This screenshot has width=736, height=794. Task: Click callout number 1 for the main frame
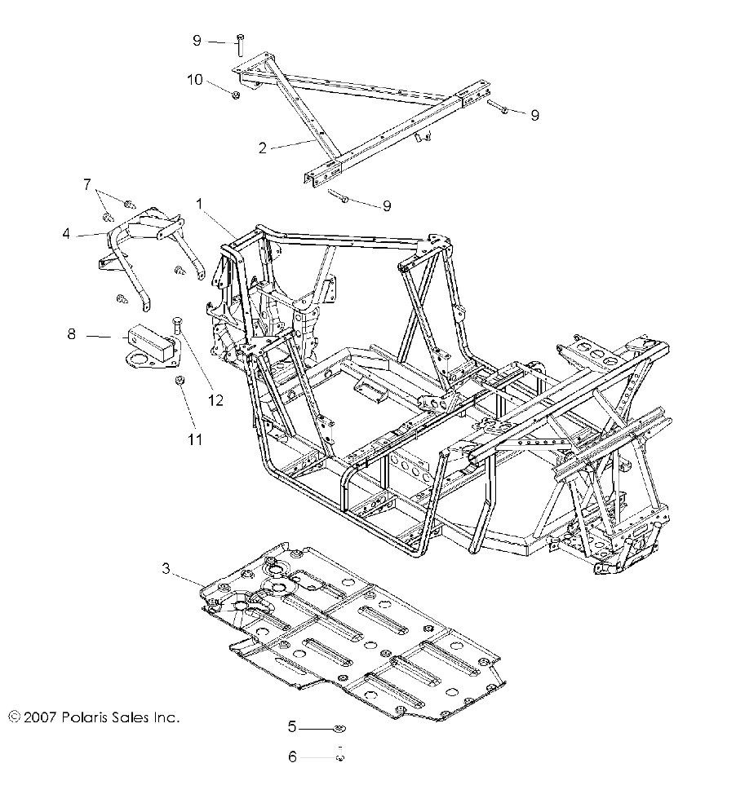199,201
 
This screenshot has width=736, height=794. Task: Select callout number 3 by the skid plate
166,570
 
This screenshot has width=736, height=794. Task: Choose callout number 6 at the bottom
292,757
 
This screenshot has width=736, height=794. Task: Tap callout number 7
87,184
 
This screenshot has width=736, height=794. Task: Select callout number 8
71,333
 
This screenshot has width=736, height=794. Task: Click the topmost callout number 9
197,40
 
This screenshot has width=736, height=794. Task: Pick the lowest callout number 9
387,206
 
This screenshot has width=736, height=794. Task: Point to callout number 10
194,79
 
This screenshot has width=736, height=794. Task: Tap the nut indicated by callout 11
179,382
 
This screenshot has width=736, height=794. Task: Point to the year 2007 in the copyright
38,717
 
